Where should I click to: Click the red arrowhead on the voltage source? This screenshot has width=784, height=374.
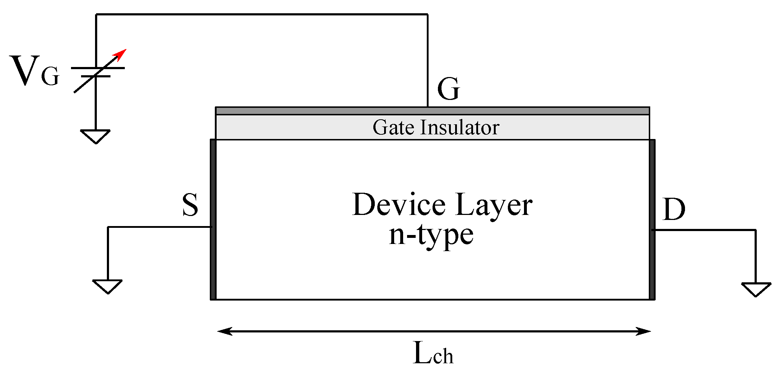tap(121, 54)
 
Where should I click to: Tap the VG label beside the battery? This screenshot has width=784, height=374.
tap(34, 72)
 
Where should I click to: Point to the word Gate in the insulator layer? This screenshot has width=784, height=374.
tap(393, 128)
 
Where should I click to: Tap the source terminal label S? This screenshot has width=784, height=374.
tap(190, 205)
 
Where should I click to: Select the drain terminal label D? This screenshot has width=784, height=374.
tap(674, 209)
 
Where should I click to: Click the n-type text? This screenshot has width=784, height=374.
tap(431, 236)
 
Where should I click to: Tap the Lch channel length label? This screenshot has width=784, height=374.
tap(433, 354)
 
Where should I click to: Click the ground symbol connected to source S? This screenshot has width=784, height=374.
tap(108, 286)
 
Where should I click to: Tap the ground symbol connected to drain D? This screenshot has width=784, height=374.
tap(756, 289)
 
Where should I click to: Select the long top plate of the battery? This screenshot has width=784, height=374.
tap(98, 68)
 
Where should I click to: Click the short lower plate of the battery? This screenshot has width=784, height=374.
tap(95, 76)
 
